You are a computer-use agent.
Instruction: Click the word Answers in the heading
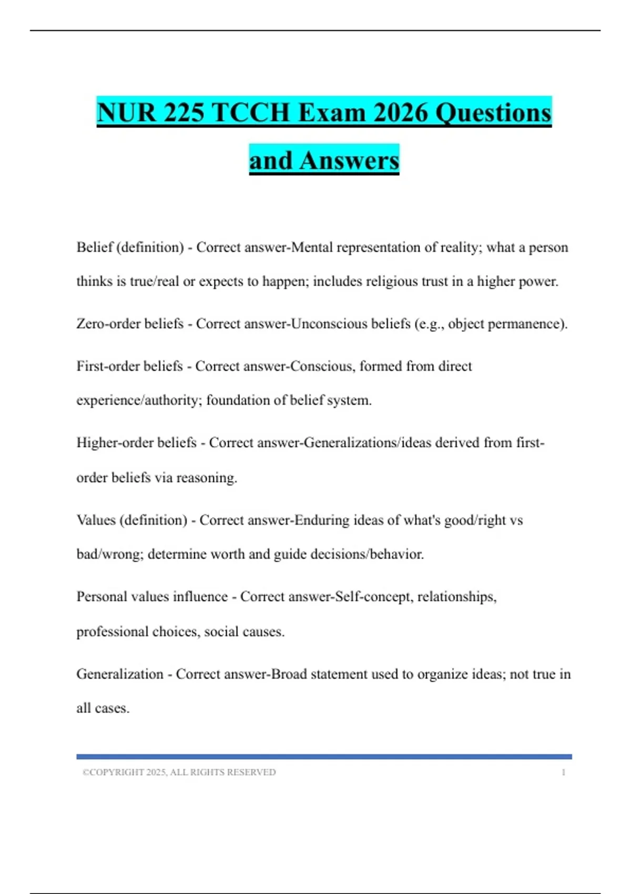point(349,160)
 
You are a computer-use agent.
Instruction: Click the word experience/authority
point(139,401)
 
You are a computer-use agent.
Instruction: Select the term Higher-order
point(110,443)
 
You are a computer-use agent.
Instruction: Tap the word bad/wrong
point(110,554)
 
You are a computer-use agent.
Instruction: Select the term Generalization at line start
point(120,674)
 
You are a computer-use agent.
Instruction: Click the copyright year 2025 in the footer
point(156,773)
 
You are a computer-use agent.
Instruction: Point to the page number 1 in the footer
point(564,773)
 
